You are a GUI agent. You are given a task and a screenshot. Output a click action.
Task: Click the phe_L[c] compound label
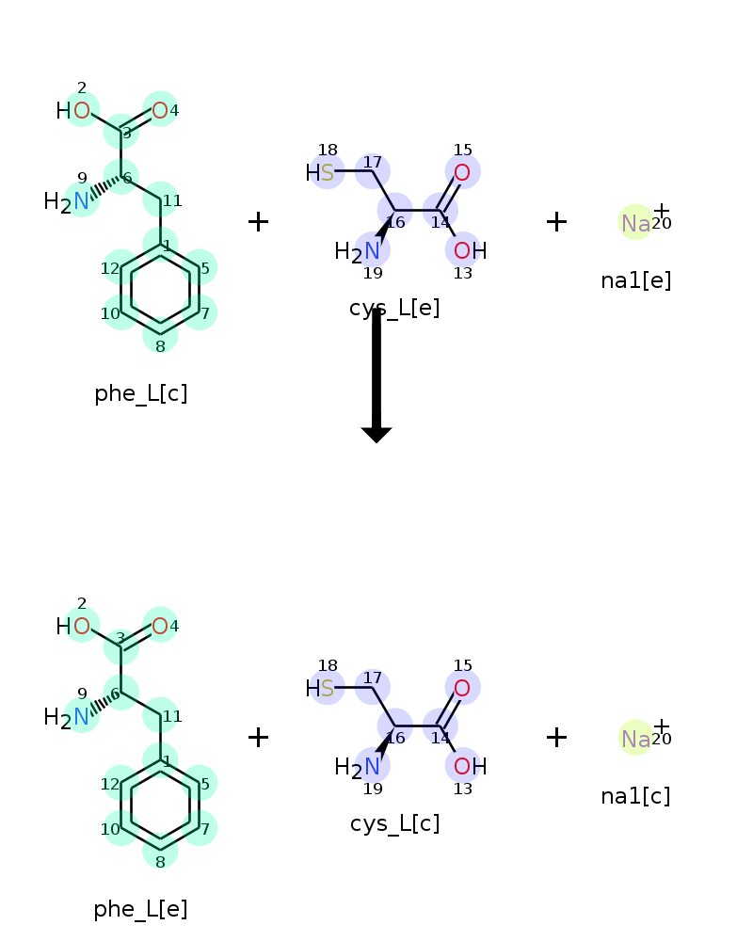point(141,393)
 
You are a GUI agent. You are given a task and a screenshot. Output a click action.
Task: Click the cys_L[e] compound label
point(394,308)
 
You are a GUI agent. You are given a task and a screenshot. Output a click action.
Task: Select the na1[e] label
point(636,280)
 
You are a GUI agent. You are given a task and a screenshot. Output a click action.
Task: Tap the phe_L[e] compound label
point(141,909)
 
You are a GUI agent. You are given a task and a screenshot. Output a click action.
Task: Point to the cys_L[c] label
point(394,824)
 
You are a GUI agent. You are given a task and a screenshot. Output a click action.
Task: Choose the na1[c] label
point(636,796)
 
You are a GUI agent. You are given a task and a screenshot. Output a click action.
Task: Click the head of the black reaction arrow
point(376,434)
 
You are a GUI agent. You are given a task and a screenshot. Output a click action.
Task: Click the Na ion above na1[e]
point(635,223)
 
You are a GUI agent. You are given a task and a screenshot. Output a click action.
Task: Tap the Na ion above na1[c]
point(635,739)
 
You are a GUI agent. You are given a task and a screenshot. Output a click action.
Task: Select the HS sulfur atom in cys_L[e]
point(327,172)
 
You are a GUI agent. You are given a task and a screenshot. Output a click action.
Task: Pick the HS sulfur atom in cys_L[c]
point(327,688)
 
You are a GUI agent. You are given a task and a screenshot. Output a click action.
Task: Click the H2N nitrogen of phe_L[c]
point(82,200)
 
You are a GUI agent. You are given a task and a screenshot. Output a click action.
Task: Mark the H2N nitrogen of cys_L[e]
point(373,251)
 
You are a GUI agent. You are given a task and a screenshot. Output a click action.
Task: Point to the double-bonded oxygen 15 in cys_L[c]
point(462,688)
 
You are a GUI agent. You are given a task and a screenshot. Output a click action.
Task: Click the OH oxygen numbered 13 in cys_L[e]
point(462,251)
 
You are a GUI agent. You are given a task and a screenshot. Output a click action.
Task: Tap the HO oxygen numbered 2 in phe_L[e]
point(82,627)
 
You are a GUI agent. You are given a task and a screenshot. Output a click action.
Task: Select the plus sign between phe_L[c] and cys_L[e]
point(258,222)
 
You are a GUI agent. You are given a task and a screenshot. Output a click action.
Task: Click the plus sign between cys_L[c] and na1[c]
point(556,738)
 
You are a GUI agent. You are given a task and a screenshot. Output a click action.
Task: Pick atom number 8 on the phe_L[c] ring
point(160,335)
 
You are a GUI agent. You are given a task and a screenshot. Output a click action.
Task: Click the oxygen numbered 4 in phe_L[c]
point(160,111)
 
